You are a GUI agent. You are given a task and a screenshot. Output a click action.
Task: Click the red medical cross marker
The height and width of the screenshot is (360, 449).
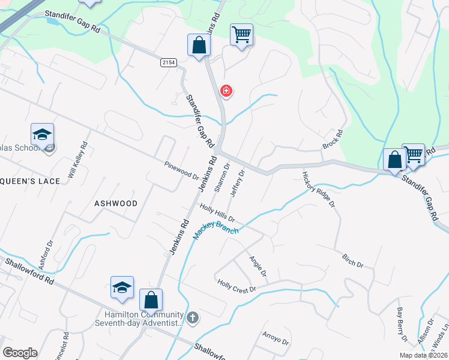(x=226, y=91)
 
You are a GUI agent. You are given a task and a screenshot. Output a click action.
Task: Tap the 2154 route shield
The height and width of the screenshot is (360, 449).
(x=169, y=62)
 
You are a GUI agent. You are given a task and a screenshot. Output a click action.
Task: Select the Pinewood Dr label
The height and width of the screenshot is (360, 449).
(x=182, y=170)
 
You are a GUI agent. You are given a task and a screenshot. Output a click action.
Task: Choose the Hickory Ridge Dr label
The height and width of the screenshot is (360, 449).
(x=318, y=188)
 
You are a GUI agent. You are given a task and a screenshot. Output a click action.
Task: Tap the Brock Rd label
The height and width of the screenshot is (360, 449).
(x=332, y=140)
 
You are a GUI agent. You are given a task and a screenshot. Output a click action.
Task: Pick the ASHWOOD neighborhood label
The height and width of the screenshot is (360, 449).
(x=116, y=203)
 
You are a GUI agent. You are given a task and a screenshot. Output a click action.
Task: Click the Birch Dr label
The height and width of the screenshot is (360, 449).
(x=352, y=261)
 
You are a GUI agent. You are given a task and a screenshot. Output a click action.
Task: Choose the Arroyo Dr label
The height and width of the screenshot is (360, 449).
(x=276, y=339)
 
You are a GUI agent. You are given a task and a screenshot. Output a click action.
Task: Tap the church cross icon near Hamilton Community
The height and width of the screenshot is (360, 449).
(x=193, y=317)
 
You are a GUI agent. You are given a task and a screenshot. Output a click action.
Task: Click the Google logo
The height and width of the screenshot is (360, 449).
(x=20, y=353)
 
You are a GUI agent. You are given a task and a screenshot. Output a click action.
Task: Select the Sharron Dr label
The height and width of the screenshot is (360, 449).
(x=221, y=178)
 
